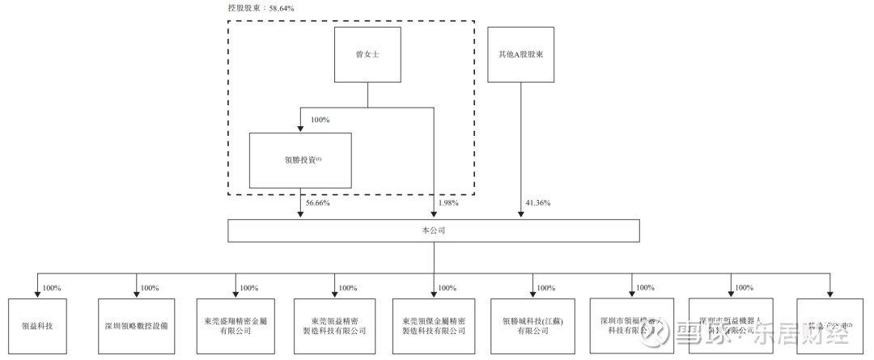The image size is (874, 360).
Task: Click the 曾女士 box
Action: coord(368,55)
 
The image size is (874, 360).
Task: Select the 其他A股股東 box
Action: coord(520,55)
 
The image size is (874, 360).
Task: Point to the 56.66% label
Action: coord(318,203)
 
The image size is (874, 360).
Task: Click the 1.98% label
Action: coord(448,203)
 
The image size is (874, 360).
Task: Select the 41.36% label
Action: coord(537,203)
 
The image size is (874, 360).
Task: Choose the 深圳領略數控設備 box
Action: coord(136,325)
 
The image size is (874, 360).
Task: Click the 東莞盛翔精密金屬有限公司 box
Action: coord(235,325)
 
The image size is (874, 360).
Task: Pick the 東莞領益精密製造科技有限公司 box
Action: coord(334,325)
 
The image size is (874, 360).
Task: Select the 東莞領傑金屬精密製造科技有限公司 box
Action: coord(434,325)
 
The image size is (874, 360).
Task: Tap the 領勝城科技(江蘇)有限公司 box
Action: coord(532,325)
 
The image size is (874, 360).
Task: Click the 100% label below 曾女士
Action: coord(320,120)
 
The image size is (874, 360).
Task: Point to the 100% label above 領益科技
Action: coord(52,288)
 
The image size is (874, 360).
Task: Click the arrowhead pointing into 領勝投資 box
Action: coord(301,129)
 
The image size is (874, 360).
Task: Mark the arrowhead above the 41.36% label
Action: coord(520,214)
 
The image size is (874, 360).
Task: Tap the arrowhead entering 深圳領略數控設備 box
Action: coord(136,294)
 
